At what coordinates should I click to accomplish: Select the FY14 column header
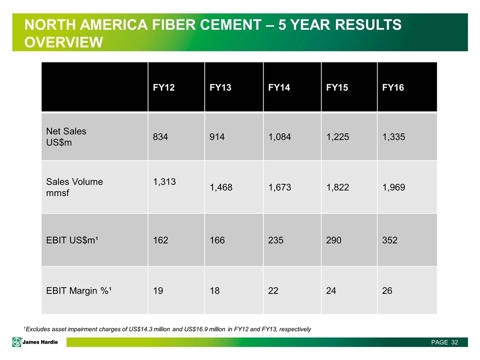[x=277, y=88]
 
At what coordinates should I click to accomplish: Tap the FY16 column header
[x=392, y=88]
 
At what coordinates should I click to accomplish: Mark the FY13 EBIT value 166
[x=217, y=240]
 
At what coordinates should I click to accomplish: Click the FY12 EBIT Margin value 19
[x=158, y=290]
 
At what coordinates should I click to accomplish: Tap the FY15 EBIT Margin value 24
[x=331, y=290]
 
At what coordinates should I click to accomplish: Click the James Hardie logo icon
[x=17, y=342]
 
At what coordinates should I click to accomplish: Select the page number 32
[x=454, y=342]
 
